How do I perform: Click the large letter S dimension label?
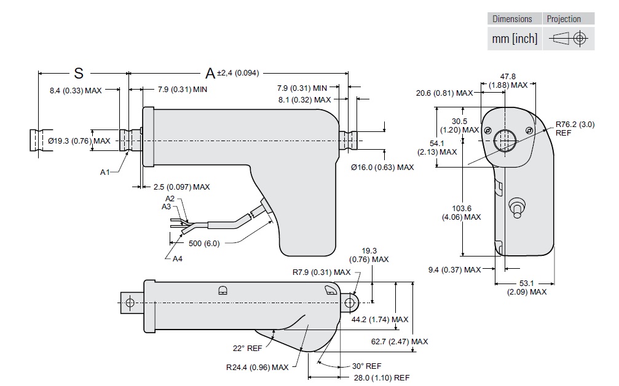point(78,73)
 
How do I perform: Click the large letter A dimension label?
point(210,74)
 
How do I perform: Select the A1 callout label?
point(104,172)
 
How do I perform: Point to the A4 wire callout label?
point(177,259)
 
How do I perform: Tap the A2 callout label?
point(170,199)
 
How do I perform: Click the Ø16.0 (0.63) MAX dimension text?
point(382,167)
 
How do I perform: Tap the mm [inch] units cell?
point(515,39)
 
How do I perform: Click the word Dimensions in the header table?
point(512,19)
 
